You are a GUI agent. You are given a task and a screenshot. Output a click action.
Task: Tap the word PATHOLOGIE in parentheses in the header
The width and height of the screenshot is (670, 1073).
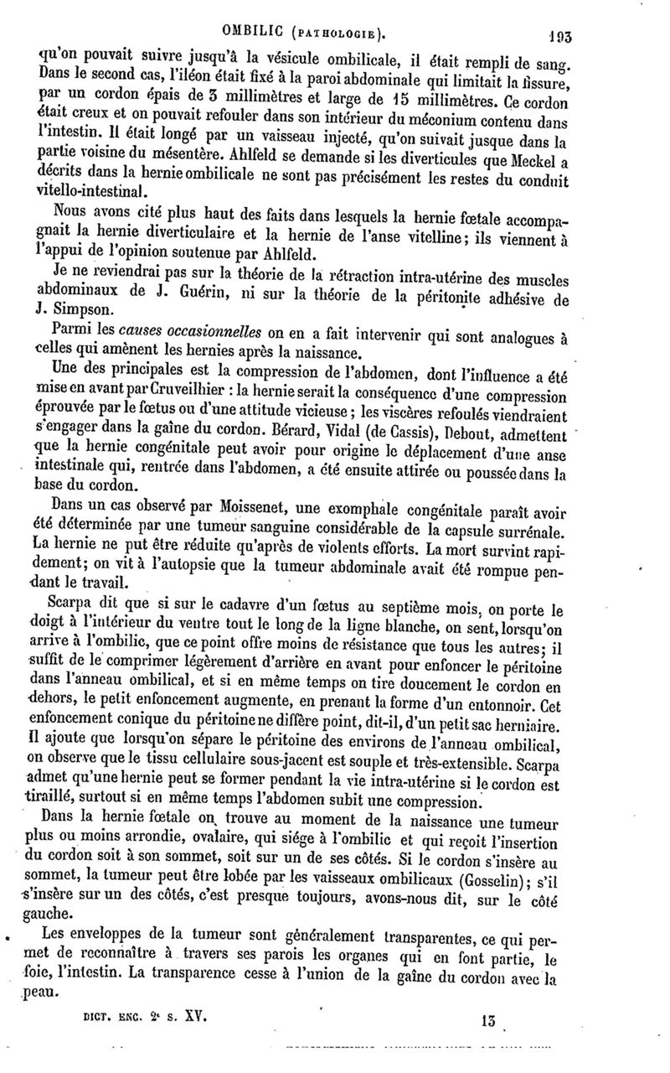tap(343, 13)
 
